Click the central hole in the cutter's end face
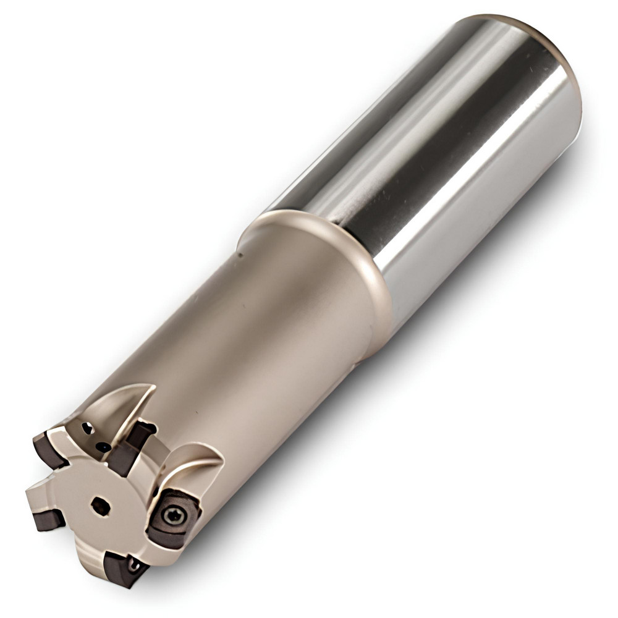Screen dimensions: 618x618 [x=101, y=506]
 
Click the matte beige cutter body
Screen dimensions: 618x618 [x=260, y=346]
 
